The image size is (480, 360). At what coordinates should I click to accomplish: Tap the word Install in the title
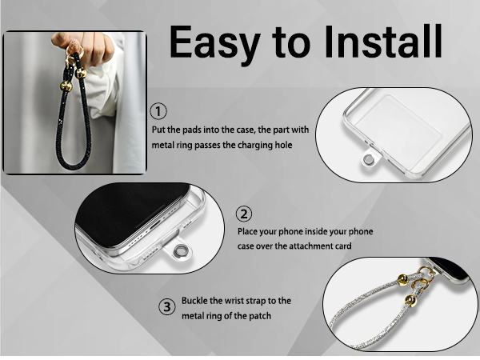point(383,42)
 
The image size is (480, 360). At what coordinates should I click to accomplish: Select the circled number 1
point(158,111)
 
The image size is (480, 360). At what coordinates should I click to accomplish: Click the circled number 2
point(244,214)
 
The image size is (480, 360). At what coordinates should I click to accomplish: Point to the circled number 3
point(167,306)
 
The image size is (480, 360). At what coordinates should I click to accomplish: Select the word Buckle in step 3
point(194,300)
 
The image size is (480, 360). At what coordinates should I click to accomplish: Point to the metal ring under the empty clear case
point(367,159)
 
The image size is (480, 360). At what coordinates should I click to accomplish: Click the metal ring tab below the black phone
point(178,250)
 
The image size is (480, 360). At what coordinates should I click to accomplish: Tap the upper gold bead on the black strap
point(81,73)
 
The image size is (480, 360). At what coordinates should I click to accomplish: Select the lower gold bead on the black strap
point(66,86)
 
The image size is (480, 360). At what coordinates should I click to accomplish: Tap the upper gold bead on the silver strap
point(402,280)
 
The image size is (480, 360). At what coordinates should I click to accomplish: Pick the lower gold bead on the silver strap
point(410,301)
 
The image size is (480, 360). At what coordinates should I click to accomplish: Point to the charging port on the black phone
point(155,225)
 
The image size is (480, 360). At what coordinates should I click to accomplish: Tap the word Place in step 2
point(247,231)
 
